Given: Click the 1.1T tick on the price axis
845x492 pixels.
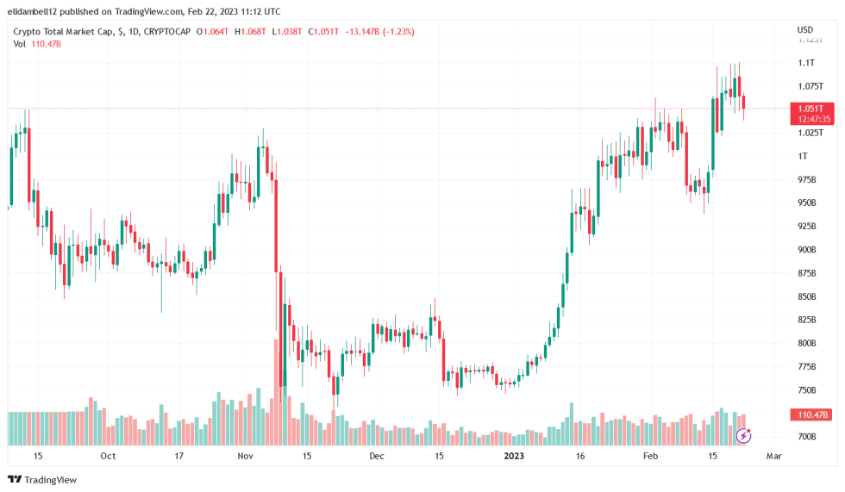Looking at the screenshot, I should [807, 63].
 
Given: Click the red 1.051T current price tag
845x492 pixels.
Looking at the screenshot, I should [811, 109].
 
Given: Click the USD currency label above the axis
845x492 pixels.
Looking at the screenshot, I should [805, 30].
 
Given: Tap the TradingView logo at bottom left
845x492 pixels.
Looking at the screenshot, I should [42, 479].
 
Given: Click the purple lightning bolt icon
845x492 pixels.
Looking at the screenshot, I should [744, 436].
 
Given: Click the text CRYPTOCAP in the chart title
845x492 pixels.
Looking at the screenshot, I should [166, 32].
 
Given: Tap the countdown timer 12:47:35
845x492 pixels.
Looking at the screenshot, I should [814, 119].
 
